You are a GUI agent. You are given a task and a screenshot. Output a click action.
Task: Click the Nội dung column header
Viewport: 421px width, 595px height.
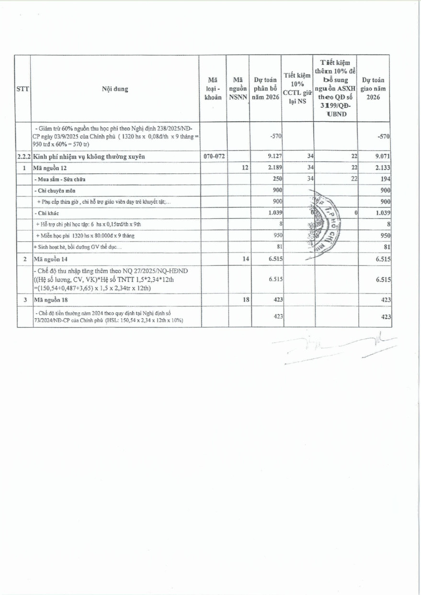click(114, 89)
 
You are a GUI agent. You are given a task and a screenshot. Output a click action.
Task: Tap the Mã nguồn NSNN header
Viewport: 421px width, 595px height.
click(238, 89)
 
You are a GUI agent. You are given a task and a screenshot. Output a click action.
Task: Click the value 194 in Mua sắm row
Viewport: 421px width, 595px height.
click(386, 179)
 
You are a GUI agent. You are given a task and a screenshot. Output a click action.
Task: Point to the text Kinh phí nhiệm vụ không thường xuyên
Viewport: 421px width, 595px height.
click(89, 156)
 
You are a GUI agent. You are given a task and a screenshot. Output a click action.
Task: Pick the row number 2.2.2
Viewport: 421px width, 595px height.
click(23, 156)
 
